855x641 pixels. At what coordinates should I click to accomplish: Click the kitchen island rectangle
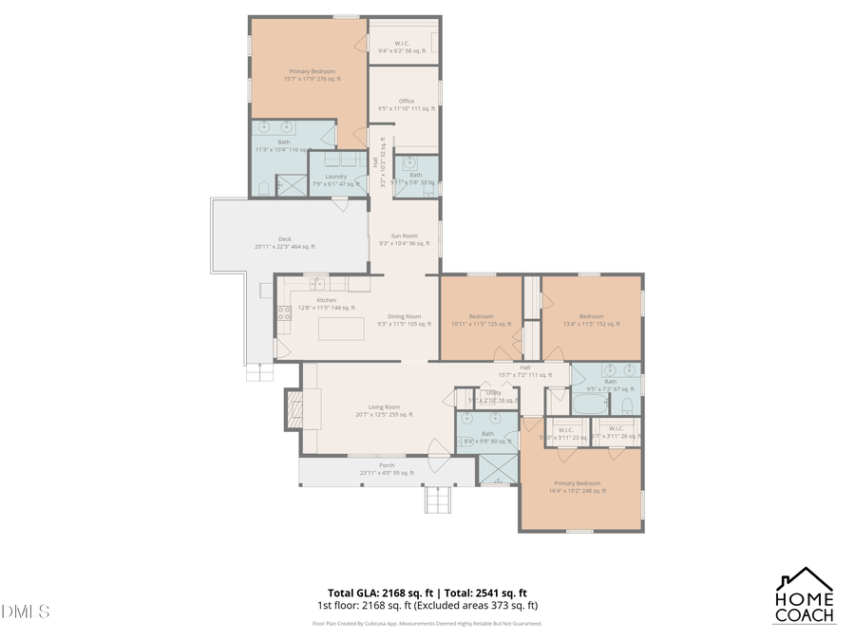(342, 330)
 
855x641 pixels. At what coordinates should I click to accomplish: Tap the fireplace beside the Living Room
(290, 409)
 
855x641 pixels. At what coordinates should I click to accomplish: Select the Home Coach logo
(805, 595)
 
